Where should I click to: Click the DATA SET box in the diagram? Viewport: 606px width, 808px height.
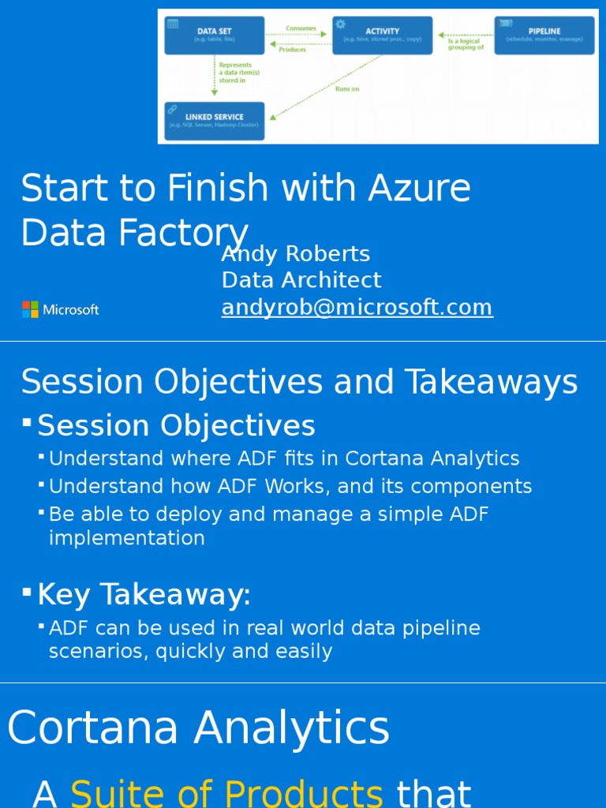[x=214, y=35]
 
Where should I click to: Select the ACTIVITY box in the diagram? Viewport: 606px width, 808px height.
[x=382, y=35]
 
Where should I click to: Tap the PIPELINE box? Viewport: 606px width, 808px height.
[x=544, y=35]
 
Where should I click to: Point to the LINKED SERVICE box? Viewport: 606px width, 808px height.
[x=214, y=120]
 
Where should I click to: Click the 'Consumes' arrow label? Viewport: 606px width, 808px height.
[x=301, y=28]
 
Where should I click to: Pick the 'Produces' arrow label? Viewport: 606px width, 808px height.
[x=292, y=50]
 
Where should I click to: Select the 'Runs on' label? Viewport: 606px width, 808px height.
[x=347, y=89]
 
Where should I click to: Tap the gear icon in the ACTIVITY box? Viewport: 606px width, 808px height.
[x=341, y=24]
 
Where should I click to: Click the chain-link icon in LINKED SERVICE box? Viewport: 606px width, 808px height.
[x=173, y=110]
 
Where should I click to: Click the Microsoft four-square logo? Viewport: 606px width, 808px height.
[x=30, y=309]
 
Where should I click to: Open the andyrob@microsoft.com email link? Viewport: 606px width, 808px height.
[x=357, y=307]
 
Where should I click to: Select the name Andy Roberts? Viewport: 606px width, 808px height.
[x=295, y=254]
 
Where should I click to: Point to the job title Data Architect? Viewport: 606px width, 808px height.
[x=301, y=280]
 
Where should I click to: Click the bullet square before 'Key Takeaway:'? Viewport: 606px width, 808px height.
[x=27, y=591]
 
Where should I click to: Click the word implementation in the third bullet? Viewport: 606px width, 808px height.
[x=126, y=538]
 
